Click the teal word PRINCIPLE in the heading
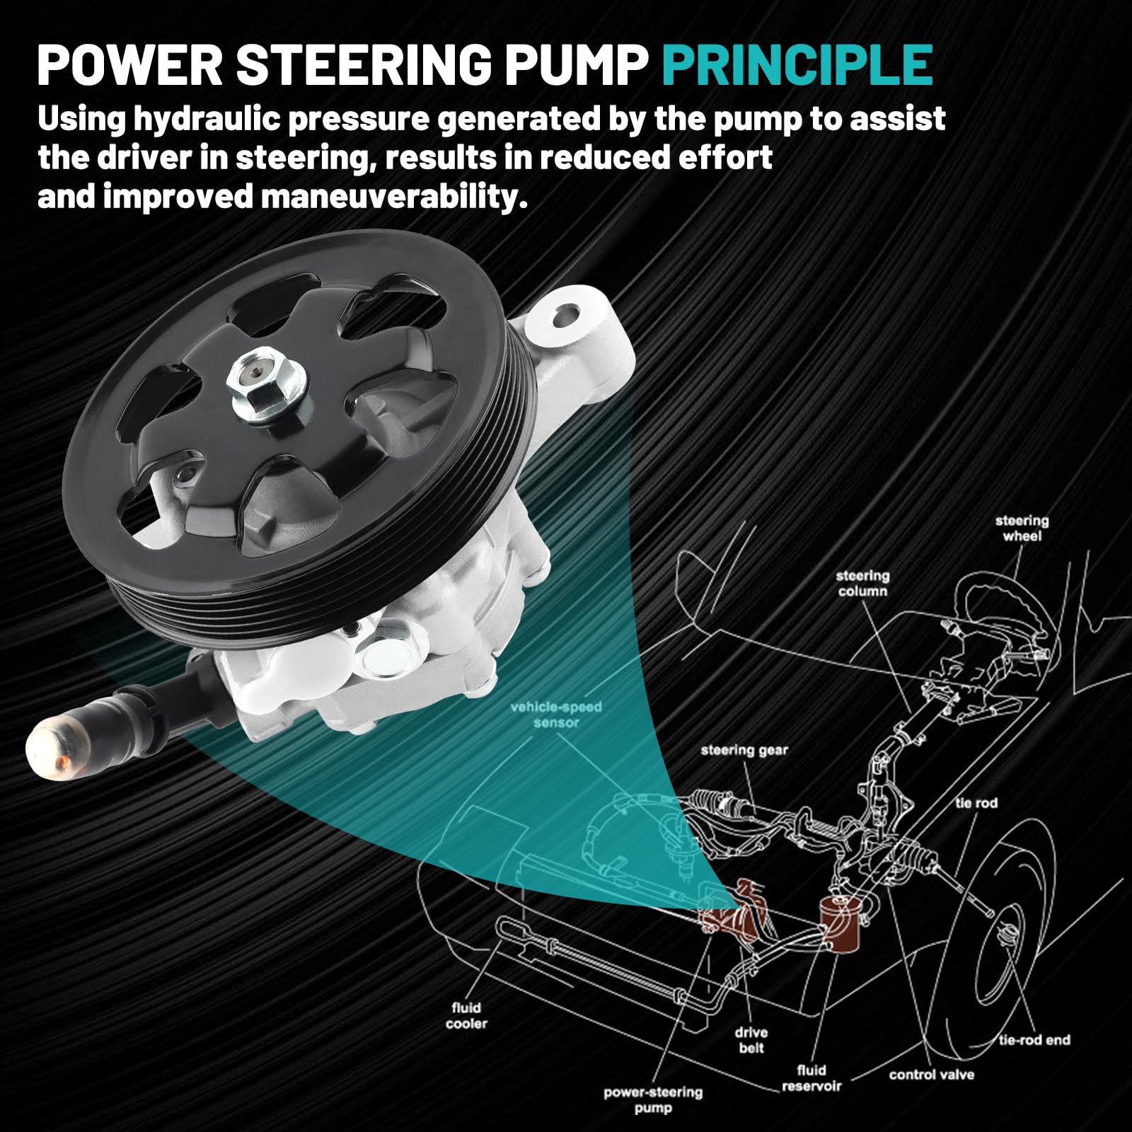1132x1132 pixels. click(797, 65)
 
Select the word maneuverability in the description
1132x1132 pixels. click(394, 197)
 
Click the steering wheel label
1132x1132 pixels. click(1022, 529)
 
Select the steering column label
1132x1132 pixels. click(862, 583)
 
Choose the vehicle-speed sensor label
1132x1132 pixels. click(556, 715)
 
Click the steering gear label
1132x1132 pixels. click(744, 750)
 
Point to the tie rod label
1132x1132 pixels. click(976, 802)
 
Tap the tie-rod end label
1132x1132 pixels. click(1034, 1039)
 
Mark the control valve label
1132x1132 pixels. click(932, 1075)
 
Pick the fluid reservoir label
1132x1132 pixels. click(812, 1078)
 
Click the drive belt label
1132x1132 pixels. click(751, 1040)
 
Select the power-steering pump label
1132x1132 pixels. click(653, 1099)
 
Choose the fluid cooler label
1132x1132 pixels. click(466, 1015)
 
